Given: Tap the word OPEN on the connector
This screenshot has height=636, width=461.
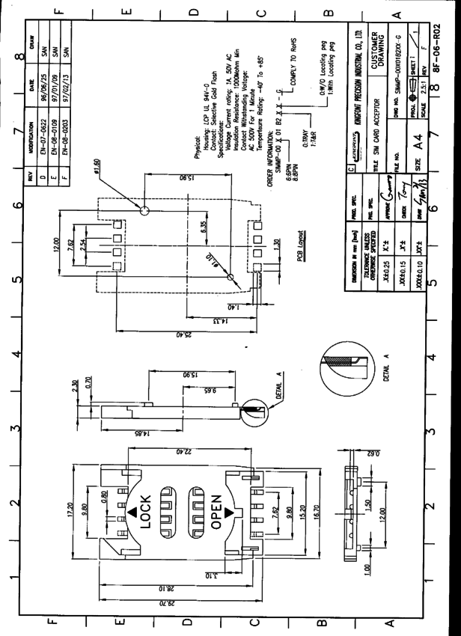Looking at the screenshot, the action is [216, 516].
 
